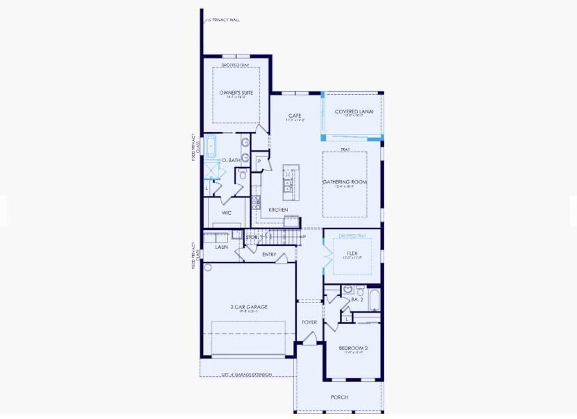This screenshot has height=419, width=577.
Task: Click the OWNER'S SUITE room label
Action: pyautogui.click(x=236, y=92)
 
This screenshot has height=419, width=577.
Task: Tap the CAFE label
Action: pyautogui.click(x=295, y=115)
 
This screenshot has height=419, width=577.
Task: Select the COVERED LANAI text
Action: pyautogui.click(x=354, y=112)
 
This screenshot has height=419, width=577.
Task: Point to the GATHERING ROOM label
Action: pyautogui.click(x=344, y=182)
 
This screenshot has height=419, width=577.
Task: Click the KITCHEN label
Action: pyautogui.click(x=278, y=210)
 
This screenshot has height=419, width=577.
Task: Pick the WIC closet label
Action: pyautogui.click(x=227, y=213)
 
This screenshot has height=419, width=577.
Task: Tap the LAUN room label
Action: pyautogui.click(x=221, y=247)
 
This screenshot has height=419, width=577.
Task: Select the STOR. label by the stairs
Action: pyautogui.click(x=252, y=238)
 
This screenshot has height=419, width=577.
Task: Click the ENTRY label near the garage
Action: pyautogui.click(x=269, y=255)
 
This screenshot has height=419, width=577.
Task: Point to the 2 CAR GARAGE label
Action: pyautogui.click(x=248, y=307)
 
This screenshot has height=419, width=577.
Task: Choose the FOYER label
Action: pyautogui.click(x=309, y=322)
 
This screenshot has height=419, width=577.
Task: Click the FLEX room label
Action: pyautogui.click(x=352, y=253)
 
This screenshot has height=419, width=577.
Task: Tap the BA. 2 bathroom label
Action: pyautogui.click(x=357, y=300)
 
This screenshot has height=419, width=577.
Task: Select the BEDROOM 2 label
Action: pyautogui.click(x=353, y=348)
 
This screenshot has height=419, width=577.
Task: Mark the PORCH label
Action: pyautogui.click(x=339, y=397)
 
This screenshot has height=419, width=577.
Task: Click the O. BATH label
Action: pyautogui.click(x=231, y=161)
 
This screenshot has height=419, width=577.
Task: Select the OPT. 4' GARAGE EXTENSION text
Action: pyautogui.click(x=246, y=374)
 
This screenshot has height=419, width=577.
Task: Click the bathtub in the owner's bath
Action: pyautogui.click(x=211, y=145)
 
